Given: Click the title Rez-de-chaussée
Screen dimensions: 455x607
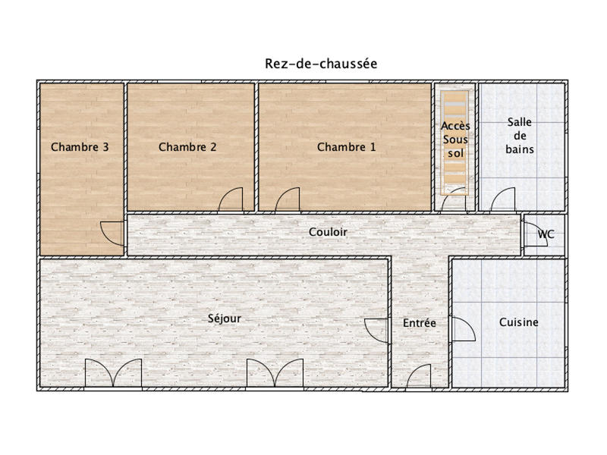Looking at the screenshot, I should click(x=321, y=64).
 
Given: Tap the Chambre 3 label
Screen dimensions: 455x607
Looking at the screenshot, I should click(x=80, y=147).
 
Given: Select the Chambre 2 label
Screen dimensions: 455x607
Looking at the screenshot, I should click(x=187, y=147).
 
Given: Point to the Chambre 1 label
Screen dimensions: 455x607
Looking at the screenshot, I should click(x=346, y=147).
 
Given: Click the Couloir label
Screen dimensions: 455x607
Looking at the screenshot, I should click(x=328, y=231).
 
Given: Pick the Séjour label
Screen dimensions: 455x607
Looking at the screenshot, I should click(x=225, y=318).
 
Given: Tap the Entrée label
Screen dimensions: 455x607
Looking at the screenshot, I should click(x=420, y=323).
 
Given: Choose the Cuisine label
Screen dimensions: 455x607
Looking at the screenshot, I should click(x=519, y=322).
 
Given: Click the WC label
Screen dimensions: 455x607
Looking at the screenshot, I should click(x=546, y=234).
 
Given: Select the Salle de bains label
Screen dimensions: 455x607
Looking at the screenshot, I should click(x=520, y=136).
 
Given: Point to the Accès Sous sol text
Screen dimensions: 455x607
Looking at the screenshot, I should click(x=455, y=140).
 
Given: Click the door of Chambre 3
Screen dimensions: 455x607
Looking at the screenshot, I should click(x=112, y=234).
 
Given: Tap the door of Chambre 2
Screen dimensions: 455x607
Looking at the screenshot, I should click(x=231, y=200).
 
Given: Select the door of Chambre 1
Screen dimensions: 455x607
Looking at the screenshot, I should click(x=287, y=200).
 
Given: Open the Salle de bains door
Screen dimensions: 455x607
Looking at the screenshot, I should click(x=502, y=200).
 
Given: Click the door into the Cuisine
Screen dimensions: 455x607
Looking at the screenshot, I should click(x=463, y=328).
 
